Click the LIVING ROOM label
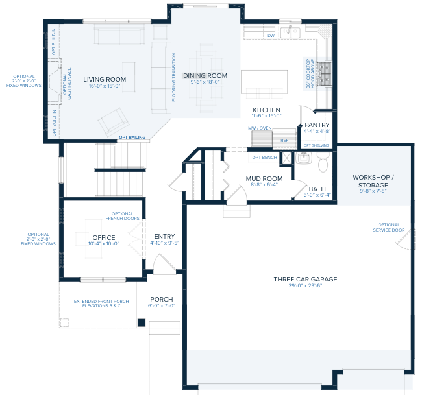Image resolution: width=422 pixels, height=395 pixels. coord(105,80)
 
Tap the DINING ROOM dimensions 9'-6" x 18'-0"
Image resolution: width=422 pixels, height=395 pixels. coord(205,82)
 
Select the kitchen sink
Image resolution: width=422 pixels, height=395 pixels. coord(290,32)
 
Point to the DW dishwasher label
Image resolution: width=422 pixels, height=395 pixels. coord(271,36)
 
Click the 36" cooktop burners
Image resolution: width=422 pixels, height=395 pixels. coord(324,73)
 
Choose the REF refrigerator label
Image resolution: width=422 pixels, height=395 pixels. coord(284,141)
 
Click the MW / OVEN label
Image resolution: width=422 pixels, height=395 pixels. coord(260,128)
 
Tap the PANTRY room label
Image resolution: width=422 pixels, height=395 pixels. coord(317,125)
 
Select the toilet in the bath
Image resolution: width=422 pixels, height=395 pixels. coord(323,162)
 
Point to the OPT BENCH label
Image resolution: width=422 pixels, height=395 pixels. coord(264,158)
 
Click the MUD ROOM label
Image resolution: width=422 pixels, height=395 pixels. coord(264,179)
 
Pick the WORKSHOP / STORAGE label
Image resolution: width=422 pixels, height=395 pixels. coord(373,181)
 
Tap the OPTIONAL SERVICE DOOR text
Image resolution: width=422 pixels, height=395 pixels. coord(389,228)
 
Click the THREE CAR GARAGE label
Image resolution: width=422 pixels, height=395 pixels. coord(306,280)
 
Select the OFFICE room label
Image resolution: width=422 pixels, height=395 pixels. coord(104,237)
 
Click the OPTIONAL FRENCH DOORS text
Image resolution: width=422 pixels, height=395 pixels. coord(123,216)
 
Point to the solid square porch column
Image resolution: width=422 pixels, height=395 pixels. coord(142,322)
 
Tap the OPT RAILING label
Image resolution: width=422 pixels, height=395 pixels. coord(132,137)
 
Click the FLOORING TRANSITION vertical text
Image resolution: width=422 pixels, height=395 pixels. coord(174,77)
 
